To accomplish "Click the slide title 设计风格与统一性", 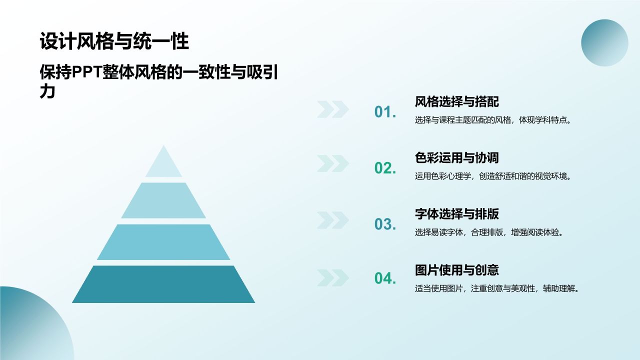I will click(114, 41).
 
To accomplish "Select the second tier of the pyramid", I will click(163, 200).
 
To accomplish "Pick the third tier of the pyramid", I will click(163, 242).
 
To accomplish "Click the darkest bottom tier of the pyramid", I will click(163, 284).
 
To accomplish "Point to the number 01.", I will click(385, 112).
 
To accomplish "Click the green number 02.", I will click(385, 168).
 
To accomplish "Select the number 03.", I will click(385, 224).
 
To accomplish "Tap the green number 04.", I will click(385, 278).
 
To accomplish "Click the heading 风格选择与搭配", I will click(456, 102).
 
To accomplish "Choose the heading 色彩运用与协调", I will click(456, 158).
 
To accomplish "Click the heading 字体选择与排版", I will click(456, 214).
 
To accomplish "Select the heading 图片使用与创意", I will click(456, 270).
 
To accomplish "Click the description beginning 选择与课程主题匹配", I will click(492, 120).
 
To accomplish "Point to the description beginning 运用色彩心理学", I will click(492, 176).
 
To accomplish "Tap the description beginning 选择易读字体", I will click(489, 232).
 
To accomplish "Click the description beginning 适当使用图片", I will click(496, 288).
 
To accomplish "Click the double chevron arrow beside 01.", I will click(332, 109).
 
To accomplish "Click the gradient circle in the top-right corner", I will click(604, 43).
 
